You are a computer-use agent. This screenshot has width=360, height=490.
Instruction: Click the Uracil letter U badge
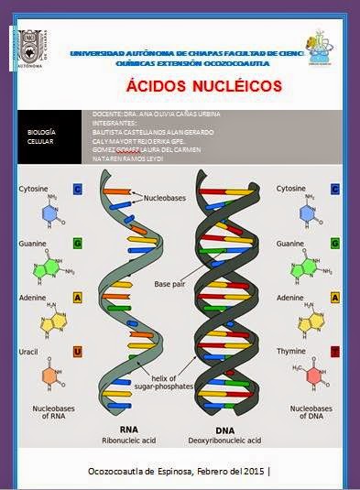[x=77, y=352]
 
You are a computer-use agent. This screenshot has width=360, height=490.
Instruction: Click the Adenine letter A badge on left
[x=77, y=298]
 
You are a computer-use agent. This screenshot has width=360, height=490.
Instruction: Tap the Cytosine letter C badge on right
[x=335, y=189]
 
